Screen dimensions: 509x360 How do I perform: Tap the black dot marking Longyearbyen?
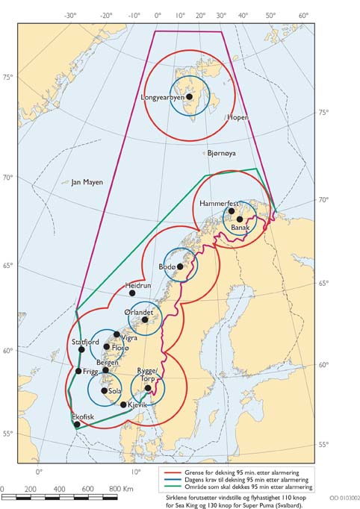190,96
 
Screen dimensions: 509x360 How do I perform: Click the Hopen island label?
238,118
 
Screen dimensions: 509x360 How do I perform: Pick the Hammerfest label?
218,203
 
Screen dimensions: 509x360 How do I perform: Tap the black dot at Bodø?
180,266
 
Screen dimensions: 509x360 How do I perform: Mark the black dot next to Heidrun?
132,293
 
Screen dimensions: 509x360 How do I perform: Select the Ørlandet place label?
138,312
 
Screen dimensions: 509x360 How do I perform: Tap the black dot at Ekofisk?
77,424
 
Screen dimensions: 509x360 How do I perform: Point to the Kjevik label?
140,405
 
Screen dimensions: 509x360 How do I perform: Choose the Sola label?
115,390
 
